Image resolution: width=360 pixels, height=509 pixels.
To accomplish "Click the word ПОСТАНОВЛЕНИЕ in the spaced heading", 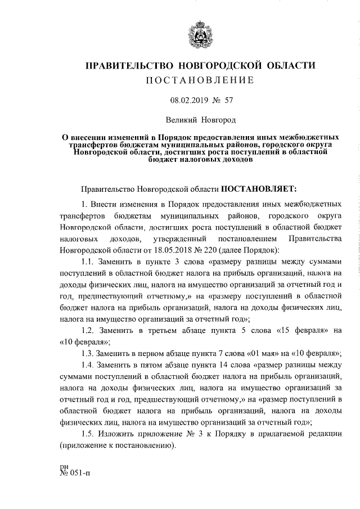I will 200,80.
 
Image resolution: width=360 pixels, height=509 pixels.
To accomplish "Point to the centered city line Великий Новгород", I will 200,120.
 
